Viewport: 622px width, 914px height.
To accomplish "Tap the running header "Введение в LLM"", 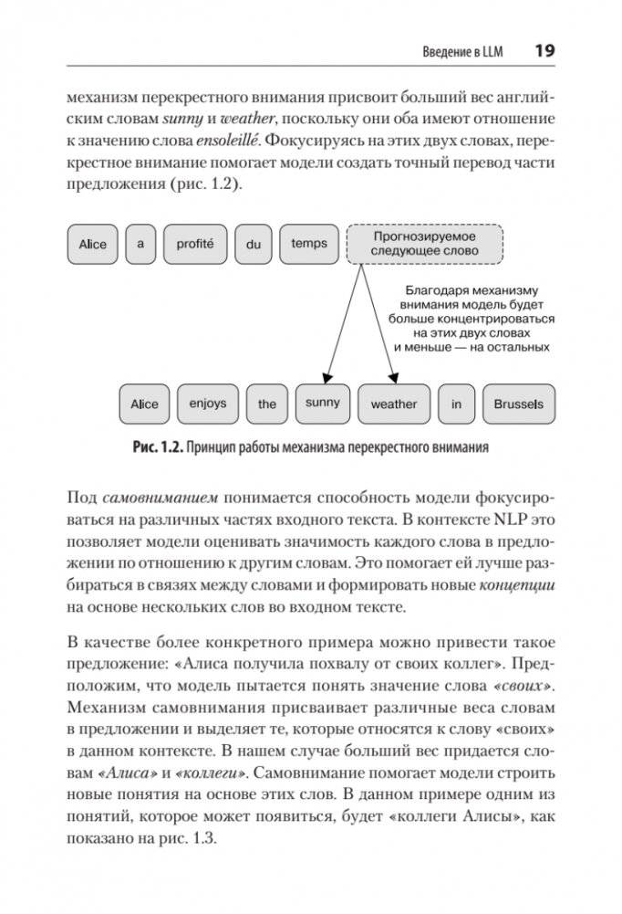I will pos(462,51).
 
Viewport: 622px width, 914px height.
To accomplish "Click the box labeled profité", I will pos(194,244).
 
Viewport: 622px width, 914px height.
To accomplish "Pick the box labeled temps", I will pos(309,244).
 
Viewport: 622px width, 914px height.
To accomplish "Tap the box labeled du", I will pos(254,245).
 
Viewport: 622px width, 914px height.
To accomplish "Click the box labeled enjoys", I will pos(208,404).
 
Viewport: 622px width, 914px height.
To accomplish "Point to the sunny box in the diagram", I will pos(322,403).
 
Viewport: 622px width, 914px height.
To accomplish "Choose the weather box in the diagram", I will pos(394,404).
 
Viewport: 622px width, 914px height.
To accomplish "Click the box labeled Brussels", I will pos(518,404).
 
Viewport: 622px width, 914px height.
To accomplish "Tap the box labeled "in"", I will pos(457,404).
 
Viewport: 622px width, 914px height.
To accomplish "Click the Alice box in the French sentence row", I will pos(93,244).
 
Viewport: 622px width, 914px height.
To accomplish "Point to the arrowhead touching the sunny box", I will pos(324,378).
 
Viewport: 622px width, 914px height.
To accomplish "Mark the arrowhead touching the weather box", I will pos(394,378).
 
